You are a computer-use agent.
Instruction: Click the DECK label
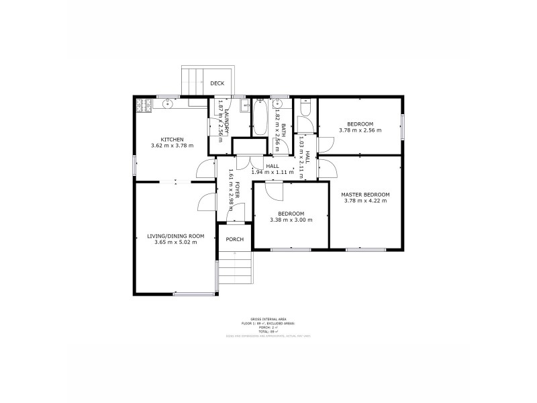217,83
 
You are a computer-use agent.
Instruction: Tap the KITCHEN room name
172,140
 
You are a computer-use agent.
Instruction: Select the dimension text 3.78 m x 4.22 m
365,200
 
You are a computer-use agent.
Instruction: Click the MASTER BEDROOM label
365,194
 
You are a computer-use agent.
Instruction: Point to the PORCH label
234,240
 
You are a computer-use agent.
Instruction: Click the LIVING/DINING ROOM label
175,236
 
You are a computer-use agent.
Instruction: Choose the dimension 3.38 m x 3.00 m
291,220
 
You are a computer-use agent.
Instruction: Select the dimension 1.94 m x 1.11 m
273,172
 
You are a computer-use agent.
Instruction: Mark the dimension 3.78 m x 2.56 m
360,130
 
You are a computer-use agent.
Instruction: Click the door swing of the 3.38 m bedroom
274,191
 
